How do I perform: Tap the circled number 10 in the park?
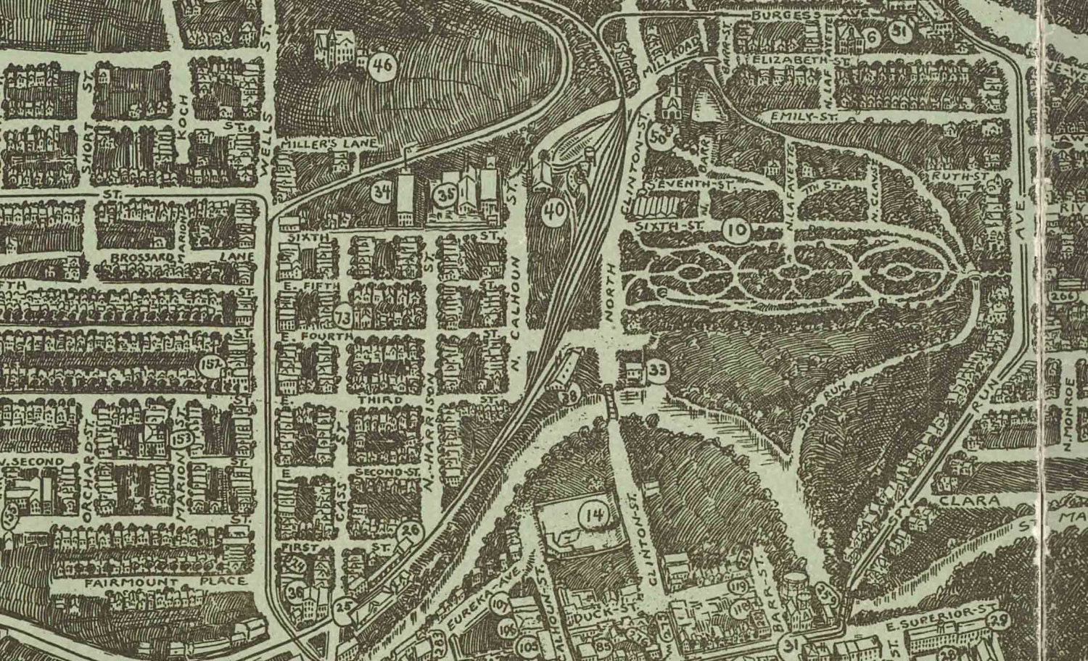click(x=736, y=231)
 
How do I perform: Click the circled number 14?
click(x=595, y=516)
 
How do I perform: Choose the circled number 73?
click(x=345, y=317)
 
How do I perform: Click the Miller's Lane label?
click(x=329, y=144)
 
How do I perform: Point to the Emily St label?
click(x=799, y=115)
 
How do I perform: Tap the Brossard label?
click(x=142, y=256)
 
